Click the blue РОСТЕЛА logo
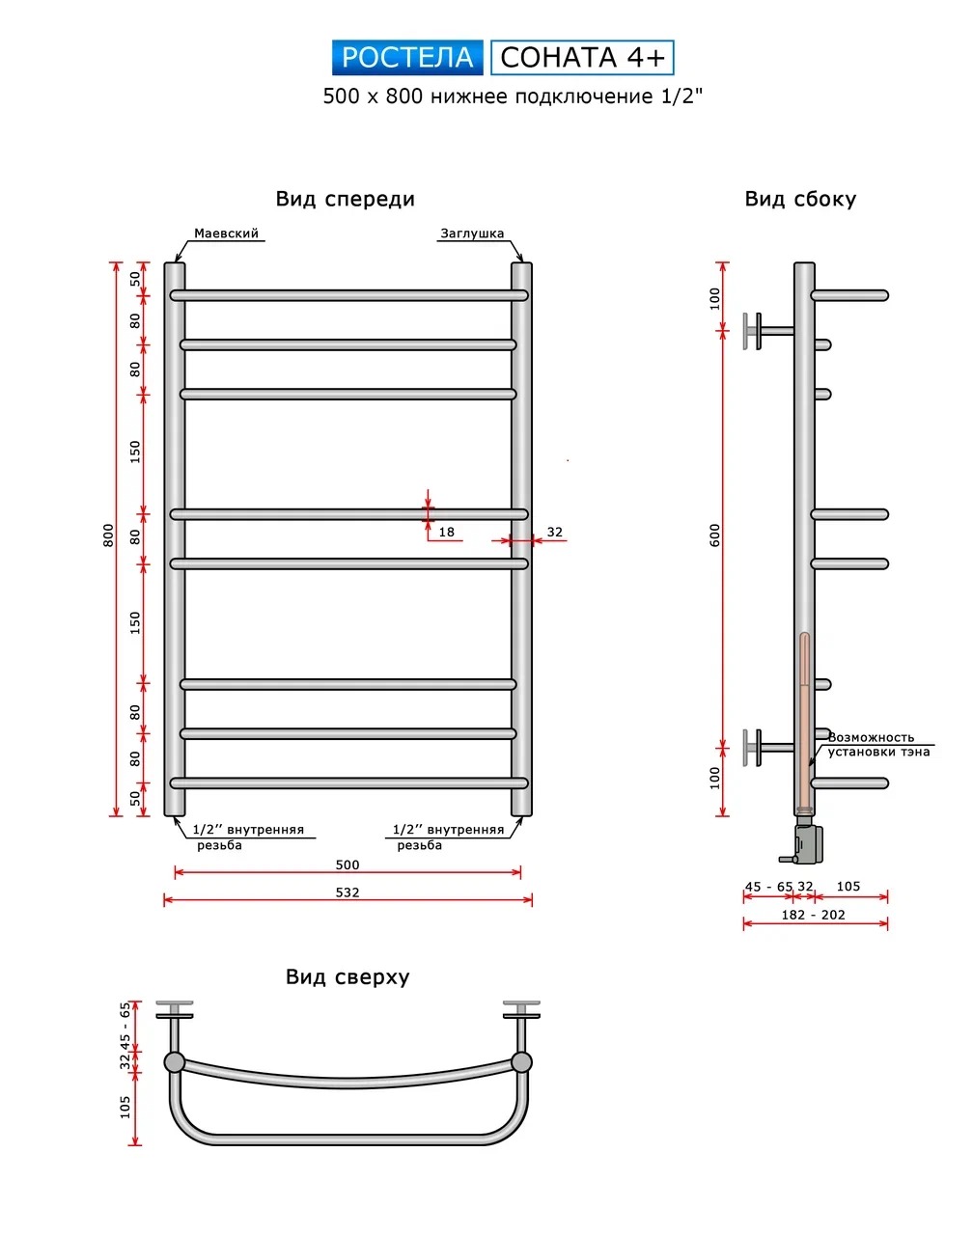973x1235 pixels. point(407,57)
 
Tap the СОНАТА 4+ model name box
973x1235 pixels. point(582,57)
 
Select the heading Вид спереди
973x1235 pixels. point(346,199)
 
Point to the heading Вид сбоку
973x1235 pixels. point(800,199)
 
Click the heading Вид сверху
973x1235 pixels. point(347,976)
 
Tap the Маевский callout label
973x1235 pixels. point(226,233)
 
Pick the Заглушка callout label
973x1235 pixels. point(472,233)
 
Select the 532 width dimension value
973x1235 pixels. point(347,892)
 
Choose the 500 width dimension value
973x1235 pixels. point(347,864)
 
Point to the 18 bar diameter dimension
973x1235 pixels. point(446,532)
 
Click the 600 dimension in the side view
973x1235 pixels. point(714,535)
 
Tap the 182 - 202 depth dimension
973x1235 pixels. point(814,915)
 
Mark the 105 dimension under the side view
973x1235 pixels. point(848,887)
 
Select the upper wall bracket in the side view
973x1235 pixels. point(769,331)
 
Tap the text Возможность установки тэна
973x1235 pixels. point(878,744)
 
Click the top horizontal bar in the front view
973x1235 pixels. point(348,295)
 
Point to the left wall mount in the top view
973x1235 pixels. point(175,1028)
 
